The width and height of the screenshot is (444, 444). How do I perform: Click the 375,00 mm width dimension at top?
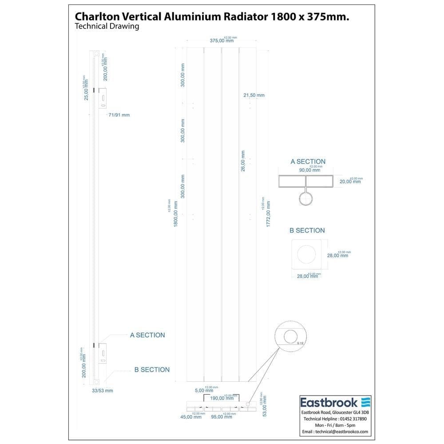222,40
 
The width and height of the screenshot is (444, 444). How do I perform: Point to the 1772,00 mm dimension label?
268,215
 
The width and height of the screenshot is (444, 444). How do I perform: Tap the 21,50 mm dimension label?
254,95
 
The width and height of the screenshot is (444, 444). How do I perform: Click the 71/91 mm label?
119,115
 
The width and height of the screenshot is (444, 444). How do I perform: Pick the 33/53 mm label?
102,391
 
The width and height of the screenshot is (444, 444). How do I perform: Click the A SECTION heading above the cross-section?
308,162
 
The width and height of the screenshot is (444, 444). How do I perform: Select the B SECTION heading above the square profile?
307,230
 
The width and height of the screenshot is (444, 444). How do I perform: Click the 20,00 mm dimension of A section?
350,181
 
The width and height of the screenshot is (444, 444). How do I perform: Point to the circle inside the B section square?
307,255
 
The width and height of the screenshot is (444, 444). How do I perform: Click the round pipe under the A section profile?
305,198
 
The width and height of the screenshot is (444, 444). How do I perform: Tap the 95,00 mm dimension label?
221,417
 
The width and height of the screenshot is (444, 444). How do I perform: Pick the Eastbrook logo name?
329,402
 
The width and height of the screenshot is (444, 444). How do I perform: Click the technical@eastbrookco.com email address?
335,432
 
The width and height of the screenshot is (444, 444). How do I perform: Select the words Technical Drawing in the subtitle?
107,26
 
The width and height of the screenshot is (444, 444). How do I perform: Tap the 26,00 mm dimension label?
243,161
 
